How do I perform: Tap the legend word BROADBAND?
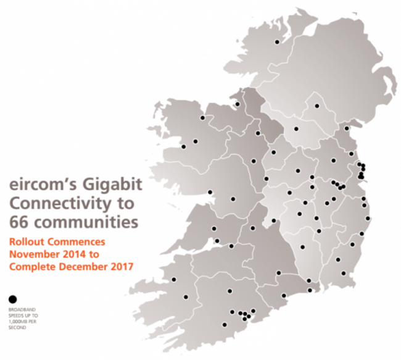pyautogui.click(x=22, y=308)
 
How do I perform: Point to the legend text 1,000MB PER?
pyautogui.click(x=23, y=319)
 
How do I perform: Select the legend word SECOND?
pyautogui.click(x=17, y=325)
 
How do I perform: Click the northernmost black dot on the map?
pyautogui.click(x=277, y=42)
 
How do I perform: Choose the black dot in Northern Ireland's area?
pyautogui.click(x=317, y=106)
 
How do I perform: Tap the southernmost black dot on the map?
pyautogui.click(x=224, y=324)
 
